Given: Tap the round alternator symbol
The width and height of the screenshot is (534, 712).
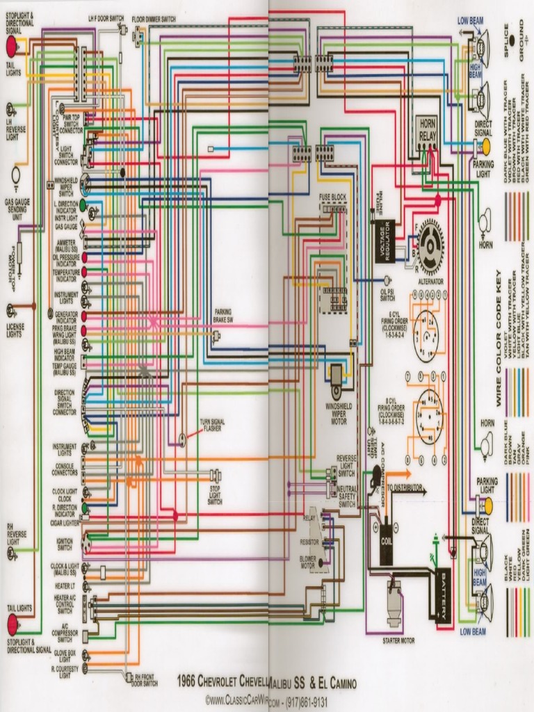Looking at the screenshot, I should [x=431, y=245].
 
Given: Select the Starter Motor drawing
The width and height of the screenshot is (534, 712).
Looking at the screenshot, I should [x=395, y=603].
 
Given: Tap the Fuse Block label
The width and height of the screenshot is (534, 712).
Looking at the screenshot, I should [x=332, y=197].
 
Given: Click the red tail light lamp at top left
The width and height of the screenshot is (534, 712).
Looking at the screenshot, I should [x=11, y=46].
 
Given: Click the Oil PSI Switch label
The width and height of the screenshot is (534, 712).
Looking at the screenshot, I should [x=387, y=294].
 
